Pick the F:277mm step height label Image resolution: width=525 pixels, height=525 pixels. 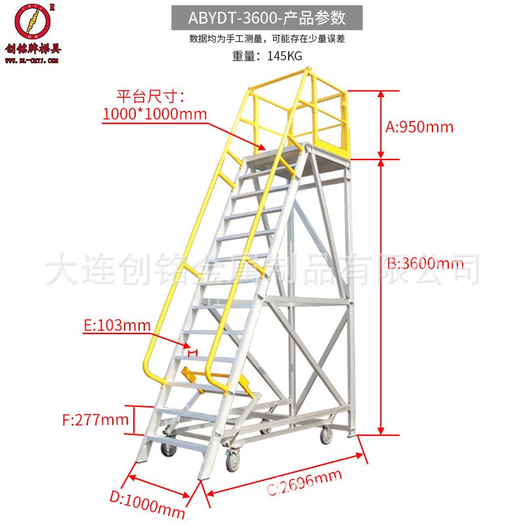96,419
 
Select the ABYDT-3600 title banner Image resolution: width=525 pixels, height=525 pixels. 266,16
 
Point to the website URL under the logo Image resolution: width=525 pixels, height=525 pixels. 33,60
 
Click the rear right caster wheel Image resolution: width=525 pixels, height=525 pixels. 325,434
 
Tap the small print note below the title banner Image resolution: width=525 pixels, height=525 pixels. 266,39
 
